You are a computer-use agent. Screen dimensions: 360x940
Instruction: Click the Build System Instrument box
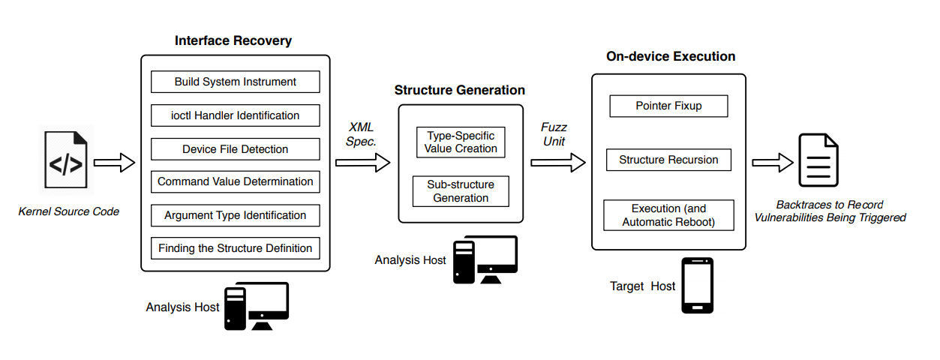(x=236, y=82)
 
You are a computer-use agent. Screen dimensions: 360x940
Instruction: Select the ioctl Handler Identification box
(x=236, y=115)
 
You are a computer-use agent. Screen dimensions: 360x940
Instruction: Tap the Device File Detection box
(x=236, y=149)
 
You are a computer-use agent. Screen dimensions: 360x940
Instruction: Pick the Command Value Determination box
(x=236, y=181)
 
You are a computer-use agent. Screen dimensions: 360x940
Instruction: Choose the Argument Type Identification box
(x=236, y=215)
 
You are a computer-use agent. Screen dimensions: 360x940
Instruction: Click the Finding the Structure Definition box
(x=236, y=248)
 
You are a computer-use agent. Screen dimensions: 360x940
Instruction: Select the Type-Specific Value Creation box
(x=461, y=142)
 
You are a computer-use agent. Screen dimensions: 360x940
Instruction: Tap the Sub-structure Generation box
(x=461, y=191)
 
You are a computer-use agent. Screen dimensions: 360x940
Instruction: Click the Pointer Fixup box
(x=668, y=106)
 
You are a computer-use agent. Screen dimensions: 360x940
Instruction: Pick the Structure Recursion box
(x=668, y=160)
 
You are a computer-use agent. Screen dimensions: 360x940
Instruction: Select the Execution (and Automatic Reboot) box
(x=668, y=215)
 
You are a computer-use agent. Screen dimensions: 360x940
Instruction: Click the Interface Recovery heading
(x=233, y=40)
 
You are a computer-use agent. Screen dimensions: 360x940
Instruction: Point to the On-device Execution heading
(x=671, y=56)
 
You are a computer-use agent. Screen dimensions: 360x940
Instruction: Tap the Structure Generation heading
(x=460, y=90)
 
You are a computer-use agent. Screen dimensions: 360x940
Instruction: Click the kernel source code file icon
(x=66, y=161)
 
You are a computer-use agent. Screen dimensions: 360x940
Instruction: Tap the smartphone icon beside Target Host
(x=697, y=286)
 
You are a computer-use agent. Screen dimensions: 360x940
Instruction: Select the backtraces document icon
(x=818, y=160)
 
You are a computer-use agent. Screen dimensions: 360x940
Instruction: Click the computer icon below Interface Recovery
(x=256, y=306)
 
